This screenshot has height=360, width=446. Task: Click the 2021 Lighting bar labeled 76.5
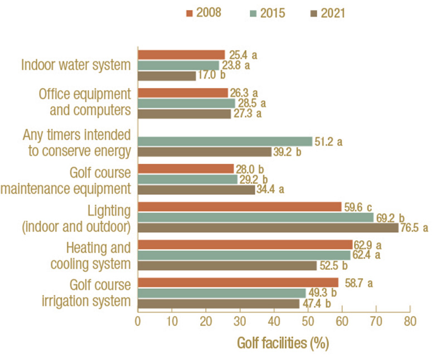[268, 227]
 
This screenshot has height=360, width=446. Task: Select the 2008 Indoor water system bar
[181, 55]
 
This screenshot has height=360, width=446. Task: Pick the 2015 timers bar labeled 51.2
[225, 142]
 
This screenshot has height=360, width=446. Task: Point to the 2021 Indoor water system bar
[167, 76]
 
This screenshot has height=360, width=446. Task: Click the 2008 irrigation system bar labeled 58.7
[238, 283]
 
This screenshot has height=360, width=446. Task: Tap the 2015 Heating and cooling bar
[244, 255]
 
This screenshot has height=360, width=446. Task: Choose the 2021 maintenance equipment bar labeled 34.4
[196, 189]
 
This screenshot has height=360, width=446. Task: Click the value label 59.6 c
[360, 207]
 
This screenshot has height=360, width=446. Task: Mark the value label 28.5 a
[254, 103]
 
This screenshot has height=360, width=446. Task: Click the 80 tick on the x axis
[410, 322]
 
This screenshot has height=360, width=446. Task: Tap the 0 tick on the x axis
[138, 322]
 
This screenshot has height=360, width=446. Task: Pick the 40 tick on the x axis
[274, 322]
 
